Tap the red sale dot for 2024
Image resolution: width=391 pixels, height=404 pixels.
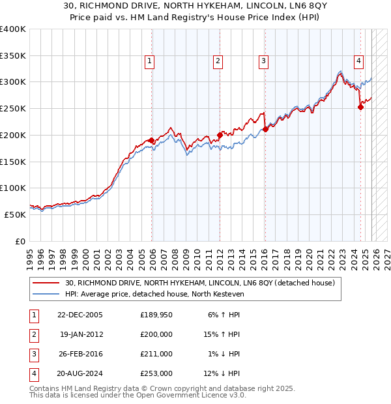coord(360,108)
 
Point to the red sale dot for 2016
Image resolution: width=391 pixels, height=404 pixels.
coord(266,130)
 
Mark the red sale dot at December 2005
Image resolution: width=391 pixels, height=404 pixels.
coord(152,141)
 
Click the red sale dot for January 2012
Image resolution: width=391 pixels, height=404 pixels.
coord(220,136)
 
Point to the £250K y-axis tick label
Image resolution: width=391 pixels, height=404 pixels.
coord(13,108)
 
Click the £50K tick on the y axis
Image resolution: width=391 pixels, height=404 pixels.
coord(15,214)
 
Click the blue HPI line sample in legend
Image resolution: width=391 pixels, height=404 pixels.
coord(47,294)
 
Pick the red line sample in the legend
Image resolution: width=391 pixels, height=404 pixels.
coord(47,283)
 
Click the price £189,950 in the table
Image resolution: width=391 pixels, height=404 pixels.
coord(156,315)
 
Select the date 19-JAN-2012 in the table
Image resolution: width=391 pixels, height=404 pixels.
coord(81,334)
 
